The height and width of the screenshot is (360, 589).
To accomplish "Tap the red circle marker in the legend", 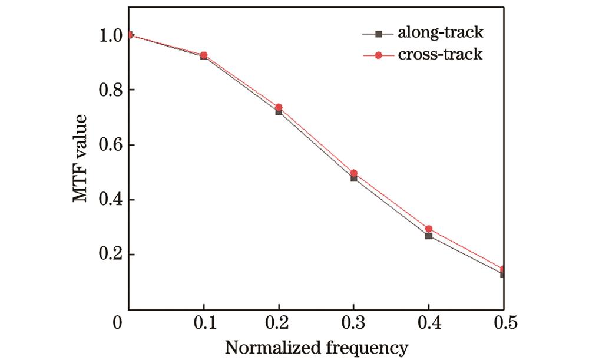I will coord(379,55).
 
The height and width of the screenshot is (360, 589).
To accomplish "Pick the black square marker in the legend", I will coord(379,33).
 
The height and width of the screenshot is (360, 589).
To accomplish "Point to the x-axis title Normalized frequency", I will coord(315,347).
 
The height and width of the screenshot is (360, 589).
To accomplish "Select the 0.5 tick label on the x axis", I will coord(502,323).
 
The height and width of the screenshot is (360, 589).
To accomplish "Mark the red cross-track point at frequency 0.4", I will coord(428,229).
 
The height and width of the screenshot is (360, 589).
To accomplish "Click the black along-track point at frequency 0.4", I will coord(428,236).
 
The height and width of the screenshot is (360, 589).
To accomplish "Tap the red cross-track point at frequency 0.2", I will coord(279,107).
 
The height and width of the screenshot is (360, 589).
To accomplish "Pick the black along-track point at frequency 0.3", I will coord(353,178).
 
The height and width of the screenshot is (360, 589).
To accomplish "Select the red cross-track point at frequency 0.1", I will coord(204,55).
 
